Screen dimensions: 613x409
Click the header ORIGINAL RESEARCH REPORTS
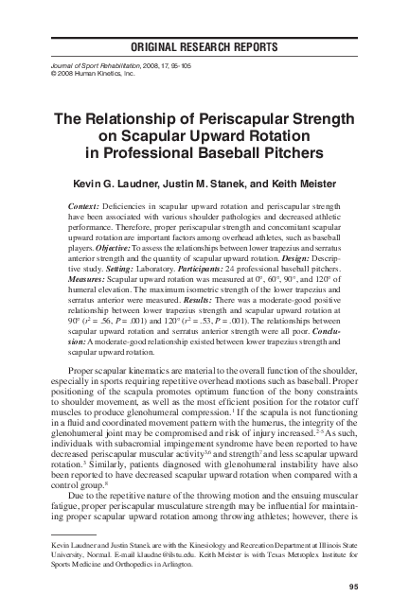pos(204,46)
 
